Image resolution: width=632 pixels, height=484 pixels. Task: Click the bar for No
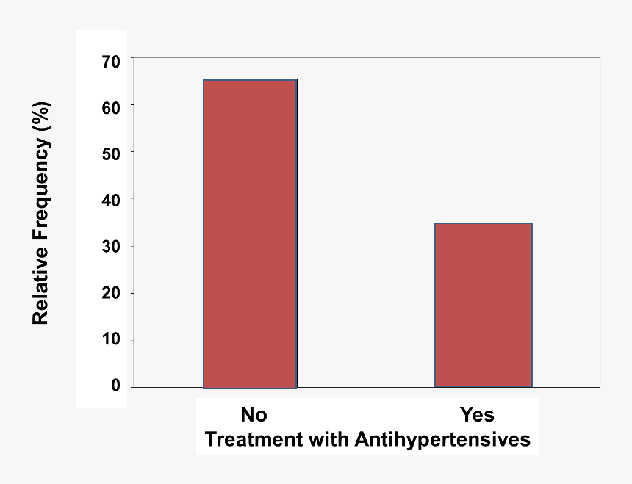[250, 234]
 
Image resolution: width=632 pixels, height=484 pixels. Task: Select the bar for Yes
[483, 305]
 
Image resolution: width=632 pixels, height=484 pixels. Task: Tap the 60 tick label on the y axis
[112, 106]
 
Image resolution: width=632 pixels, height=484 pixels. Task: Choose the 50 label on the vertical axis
[112, 153]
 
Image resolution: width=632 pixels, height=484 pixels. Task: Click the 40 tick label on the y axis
[112, 200]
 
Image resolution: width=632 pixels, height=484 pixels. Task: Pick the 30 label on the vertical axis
[112, 247]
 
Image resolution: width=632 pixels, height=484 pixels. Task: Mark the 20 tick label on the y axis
[112, 294]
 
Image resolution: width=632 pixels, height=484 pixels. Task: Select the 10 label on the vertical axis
[112, 341]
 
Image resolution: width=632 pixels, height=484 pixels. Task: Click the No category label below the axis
[254, 415]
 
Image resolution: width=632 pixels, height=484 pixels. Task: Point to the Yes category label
[477, 415]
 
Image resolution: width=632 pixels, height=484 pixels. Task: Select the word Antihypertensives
[442, 440]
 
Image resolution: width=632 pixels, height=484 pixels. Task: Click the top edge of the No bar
[250, 79]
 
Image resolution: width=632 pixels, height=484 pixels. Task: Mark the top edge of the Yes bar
[483, 223]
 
